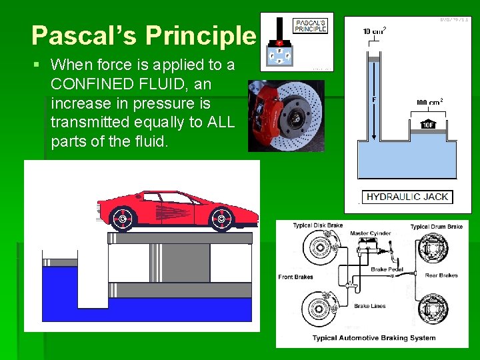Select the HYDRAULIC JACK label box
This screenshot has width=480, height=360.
point(408,197)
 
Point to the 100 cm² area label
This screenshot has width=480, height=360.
point(429,102)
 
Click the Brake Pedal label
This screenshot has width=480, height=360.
point(387,269)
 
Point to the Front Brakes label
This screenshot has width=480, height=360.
point(295,277)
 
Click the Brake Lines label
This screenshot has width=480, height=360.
point(370,306)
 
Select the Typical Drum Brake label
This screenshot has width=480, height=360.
point(437,227)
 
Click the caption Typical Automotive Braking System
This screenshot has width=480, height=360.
point(373,338)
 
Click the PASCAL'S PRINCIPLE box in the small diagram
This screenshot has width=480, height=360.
point(311,26)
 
